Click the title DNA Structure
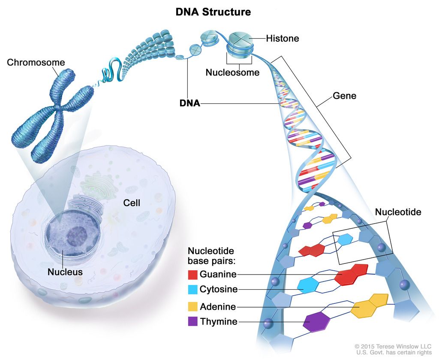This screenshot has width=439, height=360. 213,12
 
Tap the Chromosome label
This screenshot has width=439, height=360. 36,63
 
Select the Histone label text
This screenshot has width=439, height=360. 282,39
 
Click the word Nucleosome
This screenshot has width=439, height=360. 232,73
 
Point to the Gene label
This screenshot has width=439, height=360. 344,96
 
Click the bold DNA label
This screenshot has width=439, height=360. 190,103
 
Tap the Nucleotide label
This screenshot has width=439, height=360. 398,212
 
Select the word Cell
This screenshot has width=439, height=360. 132,203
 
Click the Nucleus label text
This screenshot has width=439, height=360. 65,272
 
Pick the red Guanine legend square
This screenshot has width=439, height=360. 193,274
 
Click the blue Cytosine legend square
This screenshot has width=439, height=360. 193,289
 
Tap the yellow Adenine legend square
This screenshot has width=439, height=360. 193,306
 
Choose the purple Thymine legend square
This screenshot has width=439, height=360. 193,321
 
